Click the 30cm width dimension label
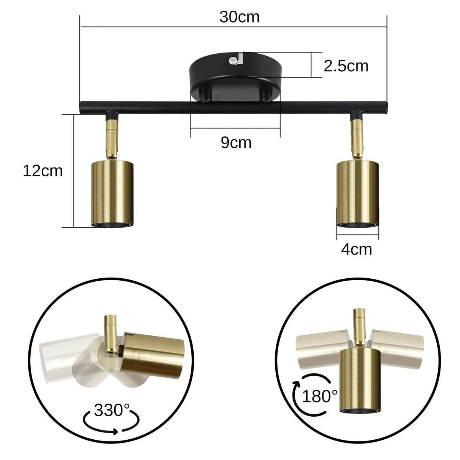(x=239, y=17)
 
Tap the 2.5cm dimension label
(x=346, y=66)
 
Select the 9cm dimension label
(x=236, y=143)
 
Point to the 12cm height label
(x=43, y=171)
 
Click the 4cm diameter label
(x=356, y=250)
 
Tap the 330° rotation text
(x=112, y=410)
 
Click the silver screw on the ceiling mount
(x=232, y=61)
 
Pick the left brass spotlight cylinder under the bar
(x=112, y=193)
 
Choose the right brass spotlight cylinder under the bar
(x=357, y=194)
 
